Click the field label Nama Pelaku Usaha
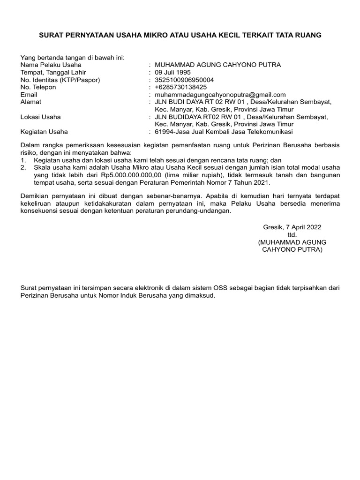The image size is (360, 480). point(51,65)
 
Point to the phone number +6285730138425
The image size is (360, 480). point(180,87)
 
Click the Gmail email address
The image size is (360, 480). point(220,95)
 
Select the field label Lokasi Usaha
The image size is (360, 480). point(41,117)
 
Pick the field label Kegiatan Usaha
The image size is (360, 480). point(45,132)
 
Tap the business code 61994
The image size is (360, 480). point(163,132)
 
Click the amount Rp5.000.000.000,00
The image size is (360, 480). point(127,175)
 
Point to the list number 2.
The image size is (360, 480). point(23,167)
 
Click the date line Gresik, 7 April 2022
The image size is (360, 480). point(292,227)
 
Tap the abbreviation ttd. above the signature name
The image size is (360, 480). point(292,234)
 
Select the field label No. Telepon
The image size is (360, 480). point(38,87)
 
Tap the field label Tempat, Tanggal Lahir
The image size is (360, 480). point(53,72)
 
